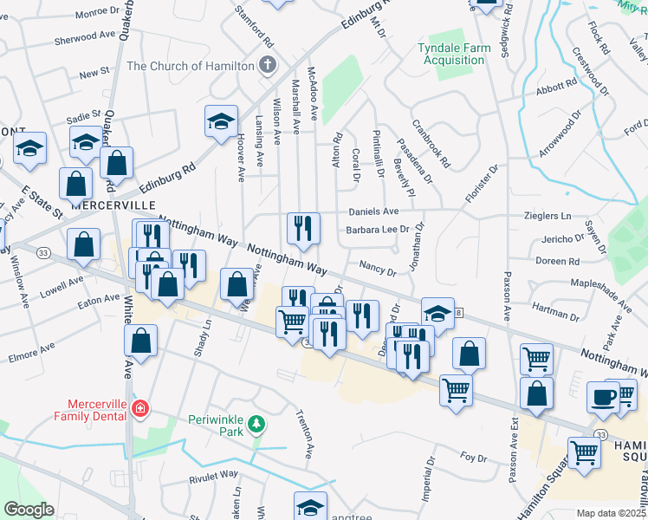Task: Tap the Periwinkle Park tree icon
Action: [x=256, y=424]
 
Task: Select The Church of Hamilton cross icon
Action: [x=268, y=65]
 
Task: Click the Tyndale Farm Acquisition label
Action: [x=451, y=54]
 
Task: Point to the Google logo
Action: [x=29, y=510]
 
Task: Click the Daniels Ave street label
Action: [x=373, y=211]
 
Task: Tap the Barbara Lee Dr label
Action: [x=377, y=231]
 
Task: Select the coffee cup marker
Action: [x=603, y=396]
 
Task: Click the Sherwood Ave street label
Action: [x=85, y=39]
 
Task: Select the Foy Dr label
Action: [x=474, y=458]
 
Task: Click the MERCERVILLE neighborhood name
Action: [x=106, y=205]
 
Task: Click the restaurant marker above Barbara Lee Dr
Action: [x=303, y=228]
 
